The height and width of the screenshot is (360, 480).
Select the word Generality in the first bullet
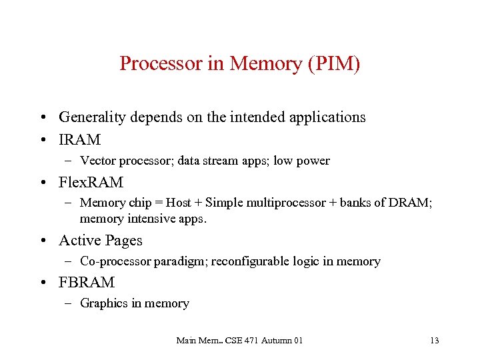(92, 117)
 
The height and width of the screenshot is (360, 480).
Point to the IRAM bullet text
(79, 140)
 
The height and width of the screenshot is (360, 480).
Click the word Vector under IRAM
(97, 161)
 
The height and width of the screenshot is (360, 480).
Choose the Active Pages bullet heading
(100, 240)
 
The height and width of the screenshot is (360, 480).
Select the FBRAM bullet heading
(87, 282)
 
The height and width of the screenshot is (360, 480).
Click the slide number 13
(435, 341)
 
